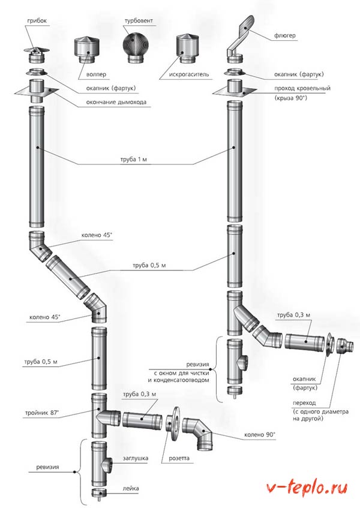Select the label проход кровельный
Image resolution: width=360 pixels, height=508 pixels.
click(x=299, y=88)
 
